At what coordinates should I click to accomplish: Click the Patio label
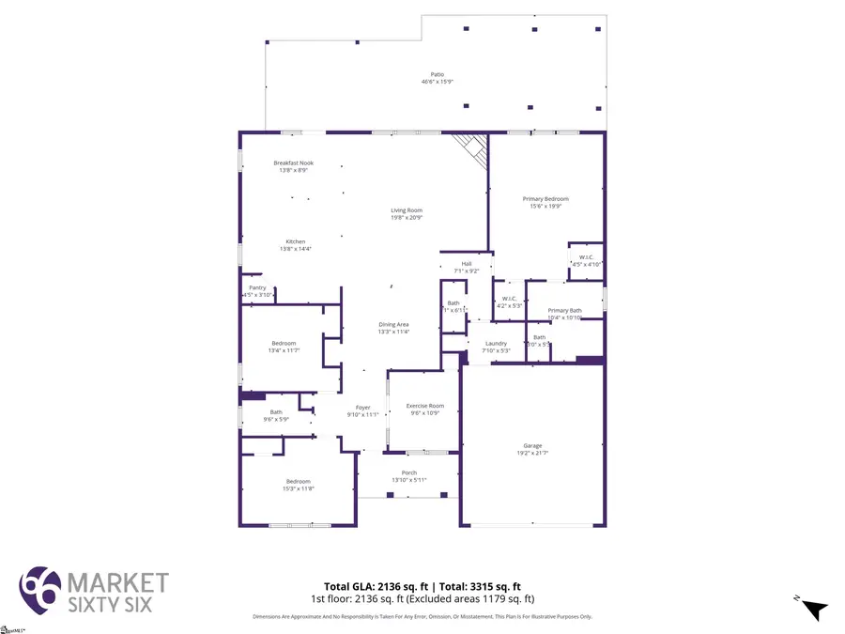tap(437, 78)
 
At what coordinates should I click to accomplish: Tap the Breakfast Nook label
tap(293, 166)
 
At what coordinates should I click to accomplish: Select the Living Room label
tap(407, 213)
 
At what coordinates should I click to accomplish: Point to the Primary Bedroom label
tap(545, 202)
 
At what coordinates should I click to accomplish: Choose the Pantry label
tap(257, 291)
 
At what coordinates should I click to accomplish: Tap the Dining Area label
tap(393, 328)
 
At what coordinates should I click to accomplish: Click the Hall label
tap(467, 267)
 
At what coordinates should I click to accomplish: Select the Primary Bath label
tap(564, 314)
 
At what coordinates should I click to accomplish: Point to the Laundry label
tap(496, 347)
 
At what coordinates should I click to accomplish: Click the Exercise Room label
tap(424, 409)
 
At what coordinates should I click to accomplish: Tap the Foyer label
tap(362, 410)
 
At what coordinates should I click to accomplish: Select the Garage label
tap(532, 449)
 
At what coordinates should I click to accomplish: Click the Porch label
tap(409, 476)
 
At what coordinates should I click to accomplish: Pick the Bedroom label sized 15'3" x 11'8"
tap(299, 485)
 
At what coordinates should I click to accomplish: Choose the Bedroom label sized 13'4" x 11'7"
tap(284, 347)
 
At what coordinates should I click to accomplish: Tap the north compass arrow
tap(813, 610)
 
